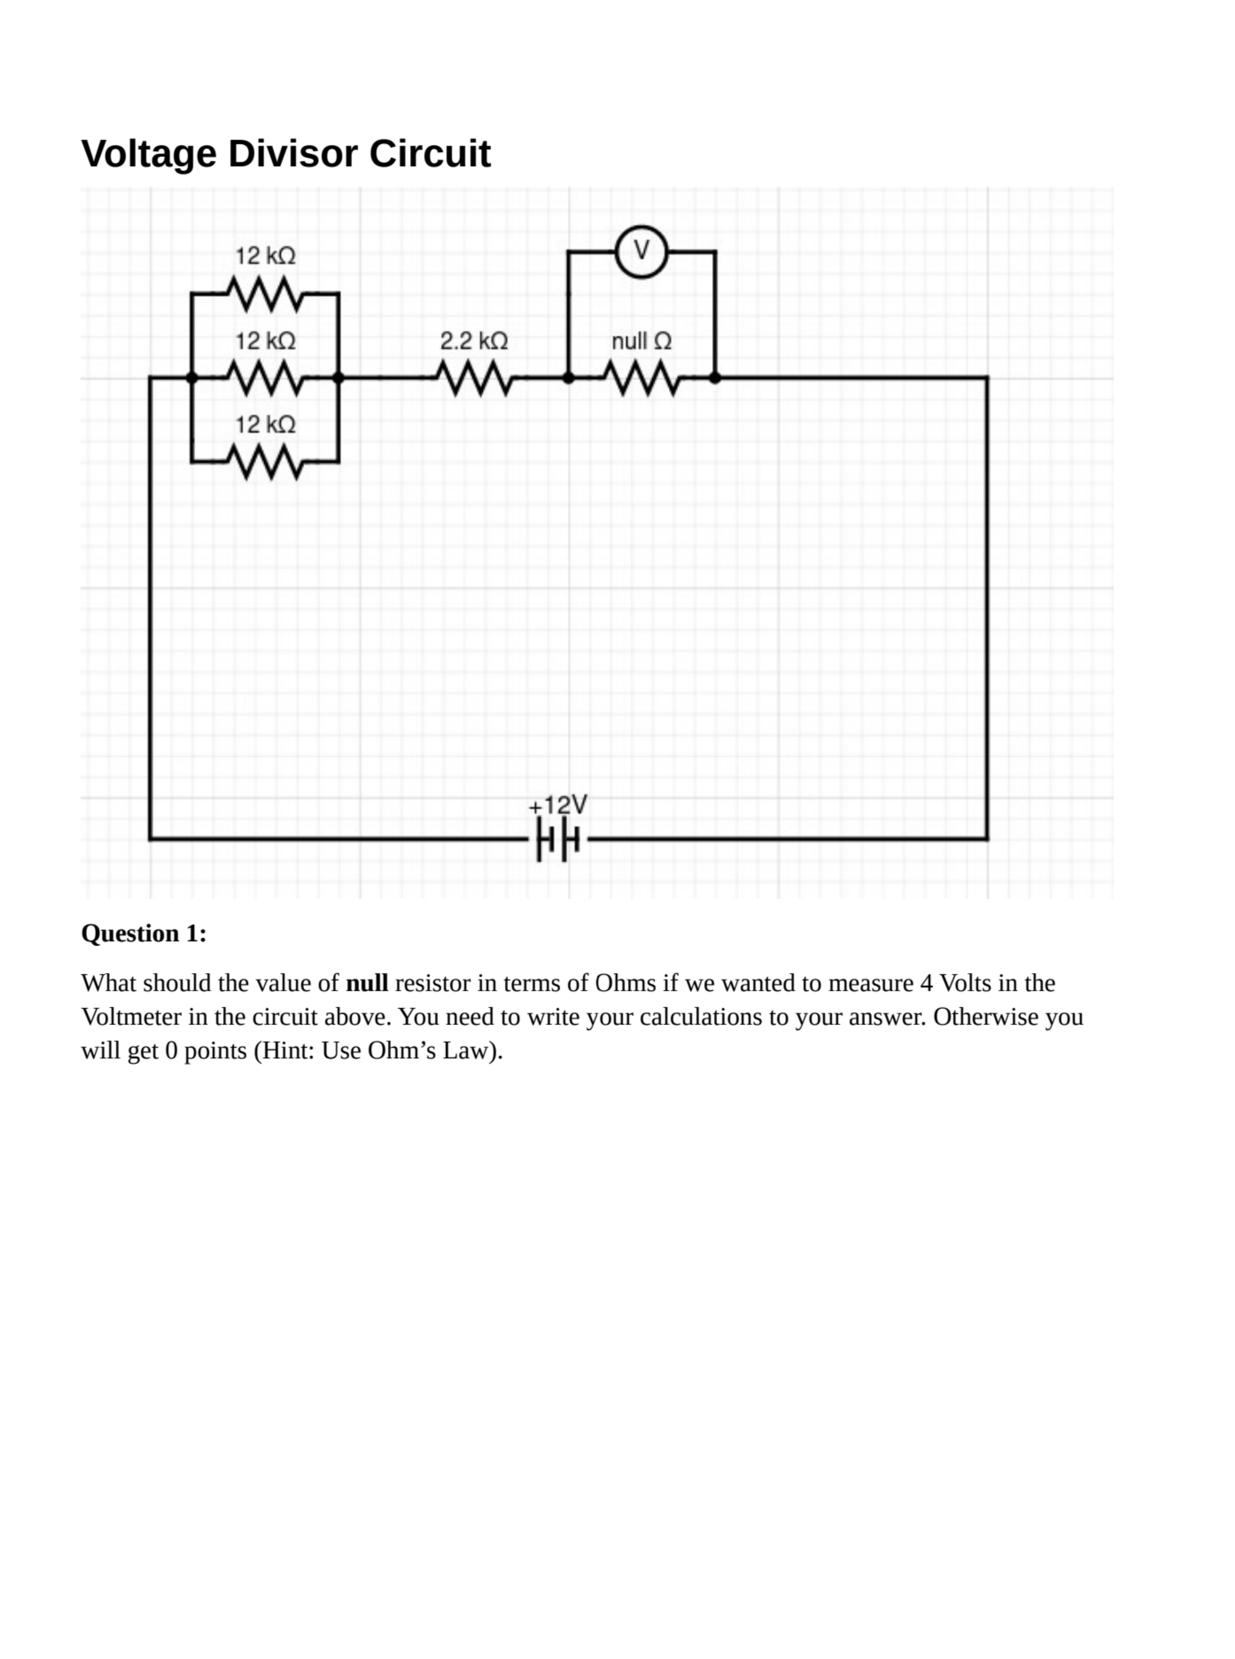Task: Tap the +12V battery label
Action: click(558, 805)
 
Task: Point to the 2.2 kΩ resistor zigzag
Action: click(474, 378)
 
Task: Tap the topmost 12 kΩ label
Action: click(265, 256)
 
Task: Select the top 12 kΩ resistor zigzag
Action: click(265, 294)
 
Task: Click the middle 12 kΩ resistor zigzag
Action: click(265, 378)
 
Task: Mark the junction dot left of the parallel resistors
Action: click(192, 378)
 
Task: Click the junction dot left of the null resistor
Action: click(568, 378)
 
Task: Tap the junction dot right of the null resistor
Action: click(715, 378)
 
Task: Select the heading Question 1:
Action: click(143, 934)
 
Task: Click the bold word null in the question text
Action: click(366, 983)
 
